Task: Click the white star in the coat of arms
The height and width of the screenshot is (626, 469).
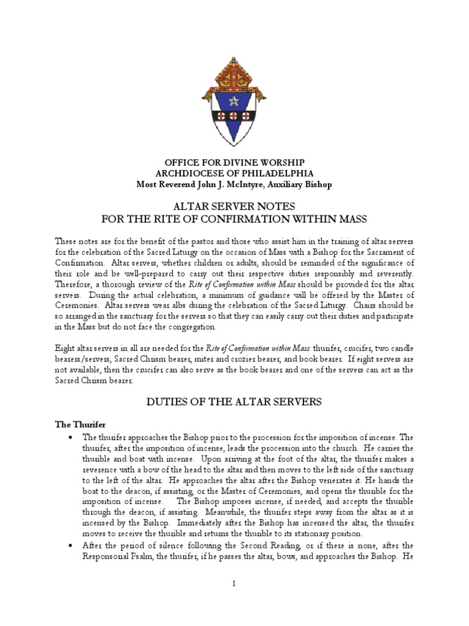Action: pyautogui.click(x=234, y=100)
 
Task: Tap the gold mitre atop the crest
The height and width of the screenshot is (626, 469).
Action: pyautogui.click(x=234, y=73)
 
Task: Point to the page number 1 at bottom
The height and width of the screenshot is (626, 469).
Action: pyautogui.click(x=234, y=584)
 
